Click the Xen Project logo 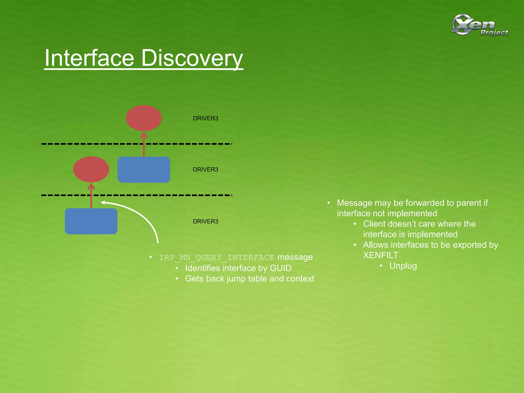pos(479,25)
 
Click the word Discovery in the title pos(192,58)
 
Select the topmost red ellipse pos(144,118)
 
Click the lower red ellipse pos(91,169)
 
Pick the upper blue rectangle pos(144,170)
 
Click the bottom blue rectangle pos(91,221)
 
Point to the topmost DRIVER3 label pos(205,118)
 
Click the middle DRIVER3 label pos(205,169)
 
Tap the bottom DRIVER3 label pos(205,221)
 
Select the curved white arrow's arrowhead pos(103,203)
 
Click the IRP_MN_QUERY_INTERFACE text pos(216,257)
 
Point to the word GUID pos(280,268)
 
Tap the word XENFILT pos(380,255)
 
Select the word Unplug pos(403,266)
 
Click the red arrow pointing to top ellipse pos(144,146)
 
